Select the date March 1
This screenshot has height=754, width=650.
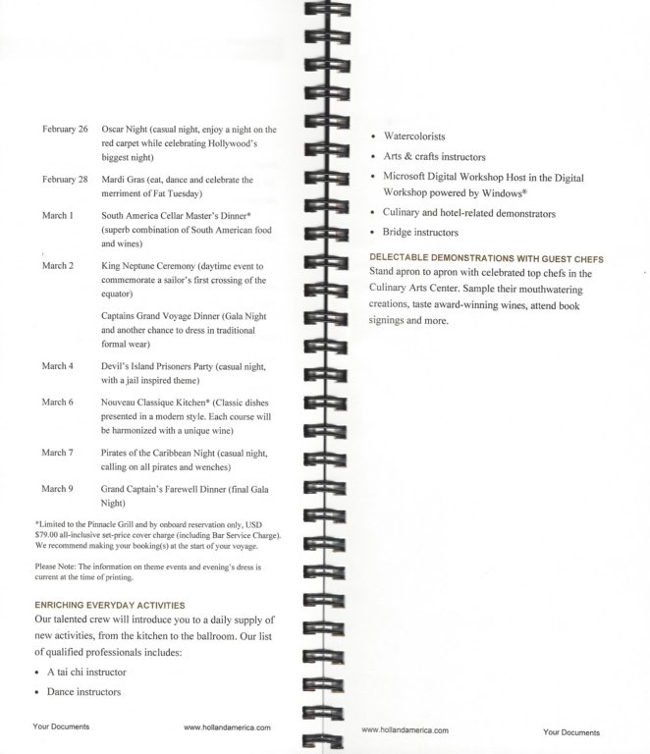coord(57,215)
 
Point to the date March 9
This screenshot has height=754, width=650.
coord(57,488)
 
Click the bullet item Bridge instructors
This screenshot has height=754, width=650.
coord(420,233)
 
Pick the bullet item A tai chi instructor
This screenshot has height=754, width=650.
coord(86,672)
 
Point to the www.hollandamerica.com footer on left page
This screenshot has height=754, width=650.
coord(227,727)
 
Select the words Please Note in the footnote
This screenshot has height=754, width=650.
coord(56,567)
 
